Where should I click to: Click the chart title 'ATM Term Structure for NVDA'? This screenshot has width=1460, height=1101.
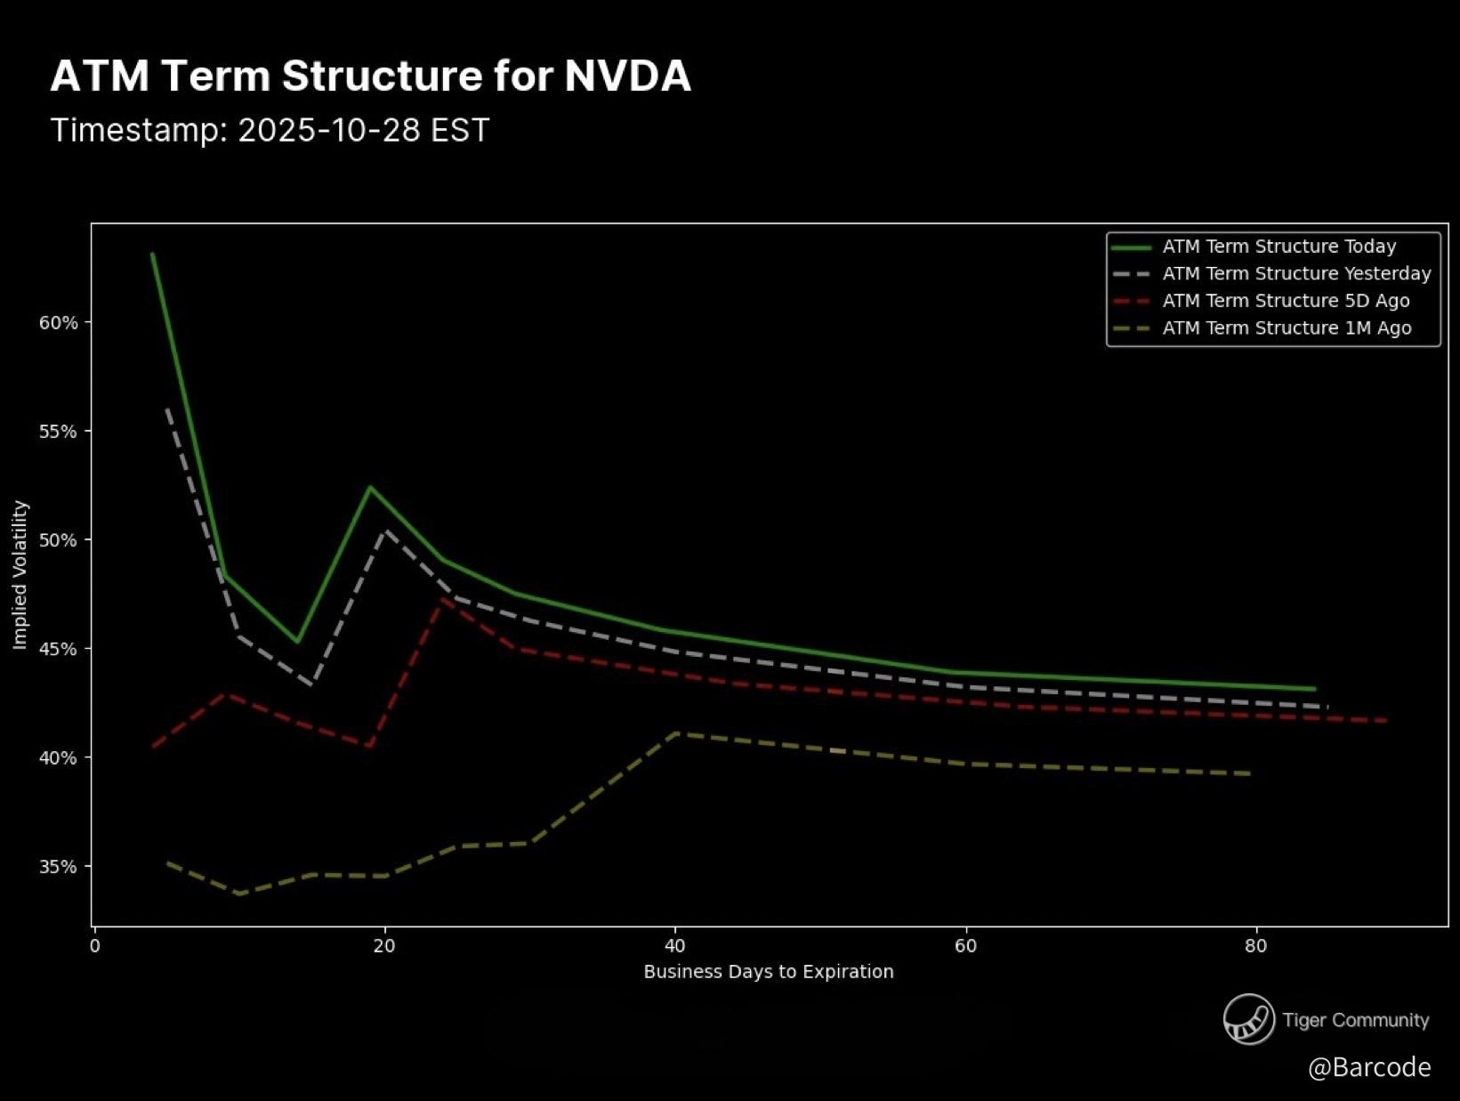[x=370, y=76]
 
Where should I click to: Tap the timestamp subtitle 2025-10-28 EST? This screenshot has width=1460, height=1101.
[x=270, y=130]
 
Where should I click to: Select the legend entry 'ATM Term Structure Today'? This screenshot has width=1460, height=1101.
[x=1279, y=247]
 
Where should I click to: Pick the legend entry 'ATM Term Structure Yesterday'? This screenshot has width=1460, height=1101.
[x=1296, y=273]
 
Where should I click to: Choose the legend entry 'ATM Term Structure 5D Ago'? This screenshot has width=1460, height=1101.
[x=1286, y=301]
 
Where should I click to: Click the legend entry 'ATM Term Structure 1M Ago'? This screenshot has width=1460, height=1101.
[x=1287, y=328]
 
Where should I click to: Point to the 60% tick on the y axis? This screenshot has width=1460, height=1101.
[x=58, y=322]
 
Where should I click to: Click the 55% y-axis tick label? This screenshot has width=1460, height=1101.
[x=58, y=432]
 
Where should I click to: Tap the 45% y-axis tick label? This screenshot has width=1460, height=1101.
[x=58, y=649]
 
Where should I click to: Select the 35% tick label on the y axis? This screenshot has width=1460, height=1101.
[x=58, y=866]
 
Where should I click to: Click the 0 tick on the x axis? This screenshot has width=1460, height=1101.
[x=95, y=945]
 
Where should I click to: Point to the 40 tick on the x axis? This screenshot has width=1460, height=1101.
[x=675, y=945]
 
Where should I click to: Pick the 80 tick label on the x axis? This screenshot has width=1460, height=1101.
[x=1255, y=945]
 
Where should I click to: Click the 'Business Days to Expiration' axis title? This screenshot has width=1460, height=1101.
[x=769, y=971]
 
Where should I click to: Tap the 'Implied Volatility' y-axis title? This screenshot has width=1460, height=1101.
[x=20, y=575]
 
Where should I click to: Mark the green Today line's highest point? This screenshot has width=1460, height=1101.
[x=153, y=255]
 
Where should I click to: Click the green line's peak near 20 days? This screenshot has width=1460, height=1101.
[x=369, y=487]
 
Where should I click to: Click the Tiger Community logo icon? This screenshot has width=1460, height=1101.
[x=1248, y=1019]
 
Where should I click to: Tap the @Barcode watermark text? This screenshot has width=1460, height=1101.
[x=1369, y=1066]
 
